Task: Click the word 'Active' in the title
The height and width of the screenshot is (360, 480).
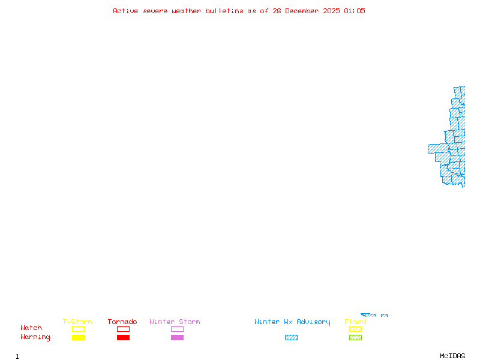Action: point(126,11)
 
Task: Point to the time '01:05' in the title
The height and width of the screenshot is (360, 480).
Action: point(355,11)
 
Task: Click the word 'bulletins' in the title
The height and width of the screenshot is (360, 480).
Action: point(224,11)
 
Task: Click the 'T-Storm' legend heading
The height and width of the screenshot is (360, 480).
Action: point(77,322)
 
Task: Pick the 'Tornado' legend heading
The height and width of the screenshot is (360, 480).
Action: point(122,322)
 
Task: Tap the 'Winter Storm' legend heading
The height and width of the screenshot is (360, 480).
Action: point(175,322)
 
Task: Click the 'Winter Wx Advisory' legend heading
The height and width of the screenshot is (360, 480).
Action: point(292,322)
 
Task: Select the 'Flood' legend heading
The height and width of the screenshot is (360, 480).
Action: point(355,322)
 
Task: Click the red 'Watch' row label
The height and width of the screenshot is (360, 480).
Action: point(31,328)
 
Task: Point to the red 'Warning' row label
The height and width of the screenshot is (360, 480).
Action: point(35,337)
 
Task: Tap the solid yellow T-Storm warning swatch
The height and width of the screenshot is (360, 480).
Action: point(78,337)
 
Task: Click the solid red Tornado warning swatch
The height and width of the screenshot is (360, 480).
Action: point(123,337)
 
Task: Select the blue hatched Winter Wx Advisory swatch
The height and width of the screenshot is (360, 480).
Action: point(291,337)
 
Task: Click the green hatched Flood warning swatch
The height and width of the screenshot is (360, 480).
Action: point(355,337)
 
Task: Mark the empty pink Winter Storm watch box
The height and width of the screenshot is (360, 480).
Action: point(177,329)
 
